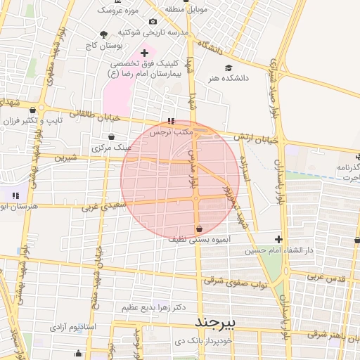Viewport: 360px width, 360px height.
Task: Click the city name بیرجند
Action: click(219, 321)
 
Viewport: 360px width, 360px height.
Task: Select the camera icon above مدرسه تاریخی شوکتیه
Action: click(153, 21)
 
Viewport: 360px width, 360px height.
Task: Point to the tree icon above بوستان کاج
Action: click(104, 34)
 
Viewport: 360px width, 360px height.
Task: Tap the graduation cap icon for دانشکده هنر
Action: click(228, 67)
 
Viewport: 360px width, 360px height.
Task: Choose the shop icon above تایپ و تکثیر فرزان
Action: click(33, 110)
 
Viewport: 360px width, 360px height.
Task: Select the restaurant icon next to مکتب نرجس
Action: click(172, 121)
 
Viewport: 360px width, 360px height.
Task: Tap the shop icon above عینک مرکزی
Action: click(111, 137)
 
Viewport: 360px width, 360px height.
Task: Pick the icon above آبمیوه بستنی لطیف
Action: click(200, 229)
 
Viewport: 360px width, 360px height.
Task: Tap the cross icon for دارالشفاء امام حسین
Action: click(278, 239)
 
